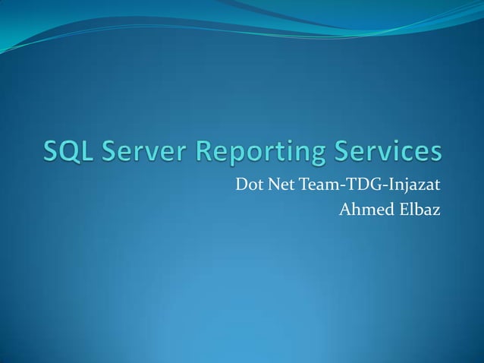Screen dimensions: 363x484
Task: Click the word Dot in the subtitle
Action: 248,185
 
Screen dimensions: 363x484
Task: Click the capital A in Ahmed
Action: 344,207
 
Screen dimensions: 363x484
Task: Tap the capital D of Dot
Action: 240,185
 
